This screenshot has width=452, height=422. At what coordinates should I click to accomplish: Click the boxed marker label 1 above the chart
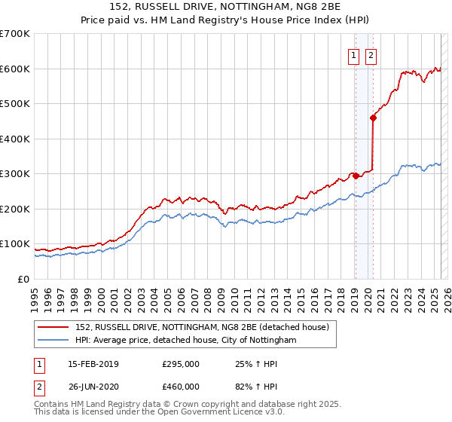click(x=354, y=55)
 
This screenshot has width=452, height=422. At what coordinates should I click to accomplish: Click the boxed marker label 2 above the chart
click(x=372, y=55)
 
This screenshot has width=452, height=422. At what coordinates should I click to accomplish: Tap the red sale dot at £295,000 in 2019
click(x=356, y=176)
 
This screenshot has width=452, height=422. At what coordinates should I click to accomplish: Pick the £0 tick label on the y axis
click(x=23, y=279)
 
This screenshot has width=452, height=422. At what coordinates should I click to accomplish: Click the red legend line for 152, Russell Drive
click(x=54, y=328)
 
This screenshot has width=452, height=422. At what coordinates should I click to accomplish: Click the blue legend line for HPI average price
click(x=54, y=341)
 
